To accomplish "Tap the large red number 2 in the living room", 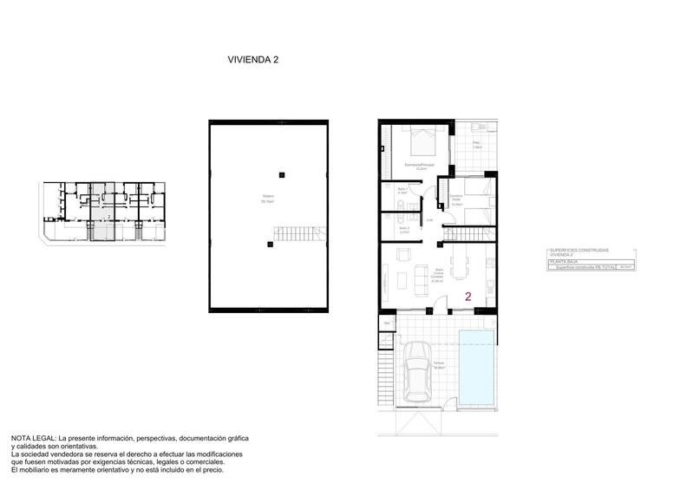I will coord(468,296).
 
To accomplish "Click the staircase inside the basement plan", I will coord(295,233).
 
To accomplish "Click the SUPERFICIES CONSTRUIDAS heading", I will coord(579,248).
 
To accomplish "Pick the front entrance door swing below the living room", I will coord(442,304).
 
